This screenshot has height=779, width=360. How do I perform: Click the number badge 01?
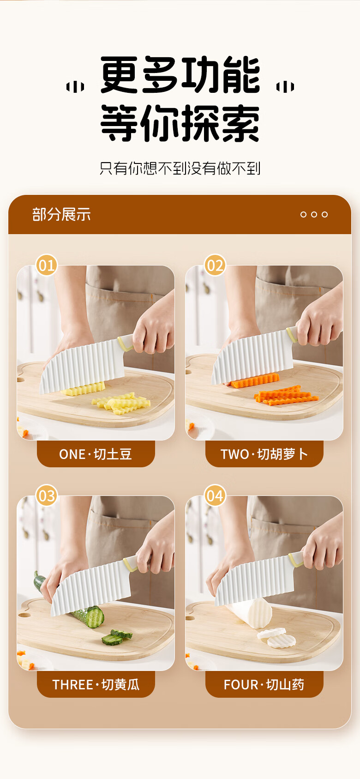(x=47, y=265)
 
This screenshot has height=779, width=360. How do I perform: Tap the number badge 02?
(x=215, y=265)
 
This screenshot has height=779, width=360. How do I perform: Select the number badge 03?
(x=47, y=495)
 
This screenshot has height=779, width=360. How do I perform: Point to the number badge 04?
(x=215, y=495)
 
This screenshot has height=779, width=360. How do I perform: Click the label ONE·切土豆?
(x=96, y=454)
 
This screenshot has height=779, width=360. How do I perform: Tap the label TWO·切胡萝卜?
(x=264, y=454)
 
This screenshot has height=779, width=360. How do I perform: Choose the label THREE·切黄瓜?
(x=96, y=684)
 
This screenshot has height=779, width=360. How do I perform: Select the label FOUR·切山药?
(x=264, y=684)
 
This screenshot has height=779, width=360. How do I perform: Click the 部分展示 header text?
(x=61, y=214)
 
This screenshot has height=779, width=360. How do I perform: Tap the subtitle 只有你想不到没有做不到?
(x=180, y=169)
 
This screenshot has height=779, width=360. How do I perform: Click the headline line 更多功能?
(x=180, y=75)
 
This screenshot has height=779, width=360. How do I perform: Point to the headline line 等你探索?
(x=180, y=123)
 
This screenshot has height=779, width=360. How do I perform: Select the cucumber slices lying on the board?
(x=117, y=635)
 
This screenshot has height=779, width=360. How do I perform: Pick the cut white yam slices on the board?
(x=276, y=637)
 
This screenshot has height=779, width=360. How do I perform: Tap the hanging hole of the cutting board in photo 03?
(x=24, y=615)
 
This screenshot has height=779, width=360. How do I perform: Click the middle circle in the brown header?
(x=314, y=214)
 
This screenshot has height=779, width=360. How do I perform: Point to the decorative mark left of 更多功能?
(x=75, y=87)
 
